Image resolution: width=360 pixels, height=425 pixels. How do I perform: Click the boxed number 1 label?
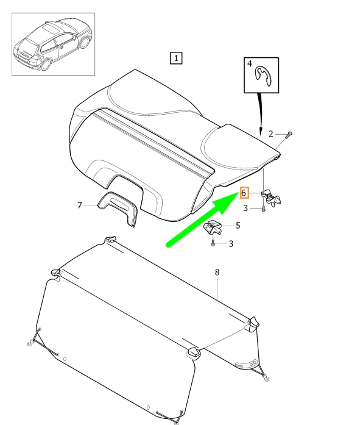175,59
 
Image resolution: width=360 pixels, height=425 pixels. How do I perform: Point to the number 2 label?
271,134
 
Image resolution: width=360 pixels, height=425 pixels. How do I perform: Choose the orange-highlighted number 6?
244,193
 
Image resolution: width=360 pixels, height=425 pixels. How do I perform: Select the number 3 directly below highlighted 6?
246,209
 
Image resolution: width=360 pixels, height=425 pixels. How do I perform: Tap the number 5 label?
238,226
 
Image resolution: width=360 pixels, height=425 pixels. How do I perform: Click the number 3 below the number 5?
231,245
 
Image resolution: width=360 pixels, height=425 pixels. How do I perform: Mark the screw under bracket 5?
213,243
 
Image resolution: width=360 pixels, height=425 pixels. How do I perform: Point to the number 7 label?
79,205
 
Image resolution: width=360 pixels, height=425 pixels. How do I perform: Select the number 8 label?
216,272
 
